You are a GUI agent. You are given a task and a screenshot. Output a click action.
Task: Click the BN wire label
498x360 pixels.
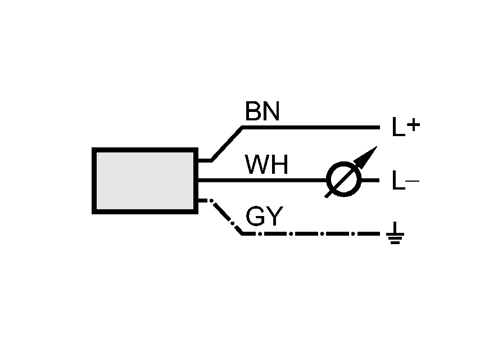(x=262, y=112)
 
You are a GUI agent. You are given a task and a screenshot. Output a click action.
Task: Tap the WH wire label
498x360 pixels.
(x=266, y=165)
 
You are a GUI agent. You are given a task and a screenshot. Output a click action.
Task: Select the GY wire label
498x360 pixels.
(x=265, y=217)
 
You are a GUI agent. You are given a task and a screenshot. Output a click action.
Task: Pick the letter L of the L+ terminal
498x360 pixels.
(x=398, y=129)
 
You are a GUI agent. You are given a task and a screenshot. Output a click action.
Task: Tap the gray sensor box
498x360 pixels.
(x=145, y=181)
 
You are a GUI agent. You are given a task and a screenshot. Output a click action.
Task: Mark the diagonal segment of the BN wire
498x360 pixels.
(x=227, y=144)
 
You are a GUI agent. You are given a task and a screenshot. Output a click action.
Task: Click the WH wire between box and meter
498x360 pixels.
(x=261, y=181)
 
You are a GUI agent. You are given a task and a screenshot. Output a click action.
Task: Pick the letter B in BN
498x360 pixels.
(x=253, y=112)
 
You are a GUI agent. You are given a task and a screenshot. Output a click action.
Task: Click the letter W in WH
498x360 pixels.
(x=256, y=165)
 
